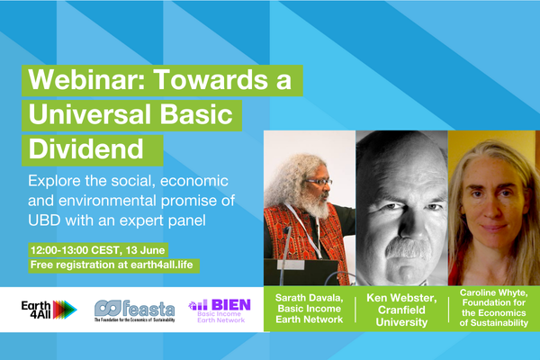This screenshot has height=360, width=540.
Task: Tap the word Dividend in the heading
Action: coord(85,149)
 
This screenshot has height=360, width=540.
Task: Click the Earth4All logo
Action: coord(49,310)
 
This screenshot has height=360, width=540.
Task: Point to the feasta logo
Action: coord(135,310)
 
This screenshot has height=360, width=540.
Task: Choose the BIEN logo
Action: coord(220,310)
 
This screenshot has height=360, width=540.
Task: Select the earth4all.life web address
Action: coord(161,265)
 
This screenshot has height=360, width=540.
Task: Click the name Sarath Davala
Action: coord(309,298)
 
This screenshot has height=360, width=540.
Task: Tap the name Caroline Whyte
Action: coord(493,292)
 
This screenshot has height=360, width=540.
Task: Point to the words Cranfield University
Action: coord(401,316)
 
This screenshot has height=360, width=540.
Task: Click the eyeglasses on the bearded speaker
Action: coord(319,182)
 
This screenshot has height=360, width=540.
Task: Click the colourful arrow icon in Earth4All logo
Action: coord(65,310)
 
